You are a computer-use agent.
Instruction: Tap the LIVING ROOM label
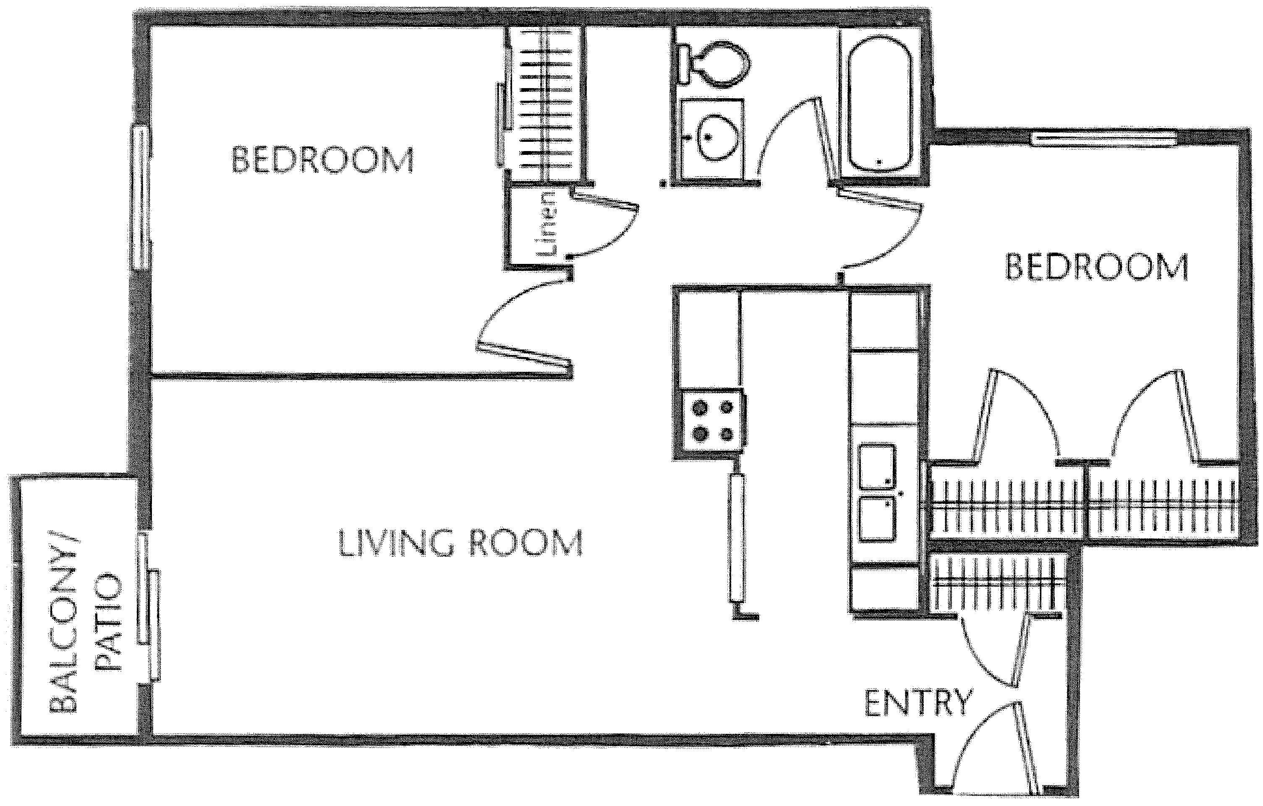point(460,543)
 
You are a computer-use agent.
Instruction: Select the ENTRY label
point(918,703)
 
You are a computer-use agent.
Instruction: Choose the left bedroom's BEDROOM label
point(322,160)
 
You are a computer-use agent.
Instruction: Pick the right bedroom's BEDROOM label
point(1096,267)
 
